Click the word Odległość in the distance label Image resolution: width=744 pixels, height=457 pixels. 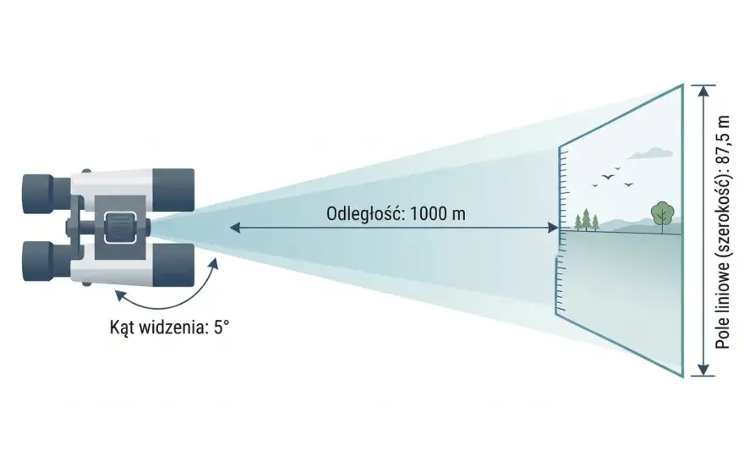point(364,214)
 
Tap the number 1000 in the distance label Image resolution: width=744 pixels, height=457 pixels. point(428,214)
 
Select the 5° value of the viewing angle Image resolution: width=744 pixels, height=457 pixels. point(221,328)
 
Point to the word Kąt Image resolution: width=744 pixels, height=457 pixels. point(122,328)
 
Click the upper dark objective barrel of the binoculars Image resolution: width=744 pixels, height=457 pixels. point(173,190)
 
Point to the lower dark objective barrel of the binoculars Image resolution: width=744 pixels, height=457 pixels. point(173,265)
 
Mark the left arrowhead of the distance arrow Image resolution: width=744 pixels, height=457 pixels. point(235,228)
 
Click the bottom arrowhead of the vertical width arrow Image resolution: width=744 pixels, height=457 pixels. point(703,370)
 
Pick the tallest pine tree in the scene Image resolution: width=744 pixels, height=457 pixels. point(587,219)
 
